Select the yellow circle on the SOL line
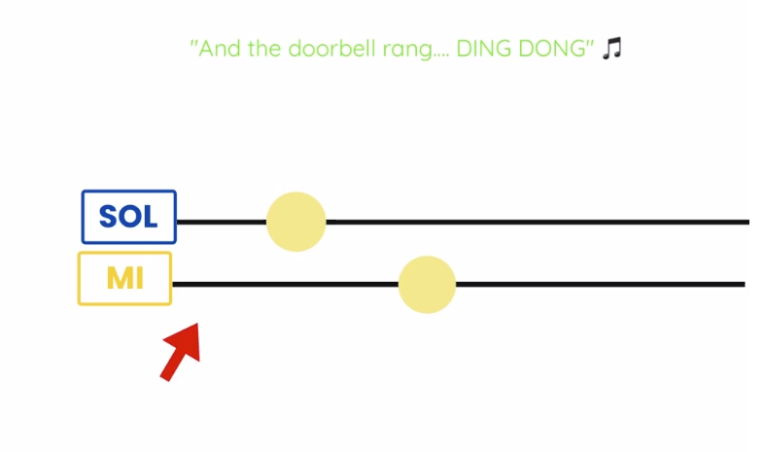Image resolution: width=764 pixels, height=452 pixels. point(295,222)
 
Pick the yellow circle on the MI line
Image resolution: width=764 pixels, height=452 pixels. point(427,285)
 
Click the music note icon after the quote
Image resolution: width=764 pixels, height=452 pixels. point(612,49)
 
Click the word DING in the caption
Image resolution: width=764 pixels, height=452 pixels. point(484,49)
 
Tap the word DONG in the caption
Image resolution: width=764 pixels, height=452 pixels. point(552,49)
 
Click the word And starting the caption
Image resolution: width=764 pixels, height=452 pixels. point(220,49)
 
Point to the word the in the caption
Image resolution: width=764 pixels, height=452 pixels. point(264,49)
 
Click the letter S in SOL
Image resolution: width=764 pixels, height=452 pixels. point(108,216)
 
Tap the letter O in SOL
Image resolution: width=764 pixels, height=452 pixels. point(129,216)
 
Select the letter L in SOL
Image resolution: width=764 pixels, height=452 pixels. point(150,216)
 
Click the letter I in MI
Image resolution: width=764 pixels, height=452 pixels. point(139,279)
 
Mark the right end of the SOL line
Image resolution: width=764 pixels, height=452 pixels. point(748,222)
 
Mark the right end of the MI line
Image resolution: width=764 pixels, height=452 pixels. point(745,285)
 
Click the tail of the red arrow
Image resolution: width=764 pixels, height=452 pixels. point(164,378)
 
